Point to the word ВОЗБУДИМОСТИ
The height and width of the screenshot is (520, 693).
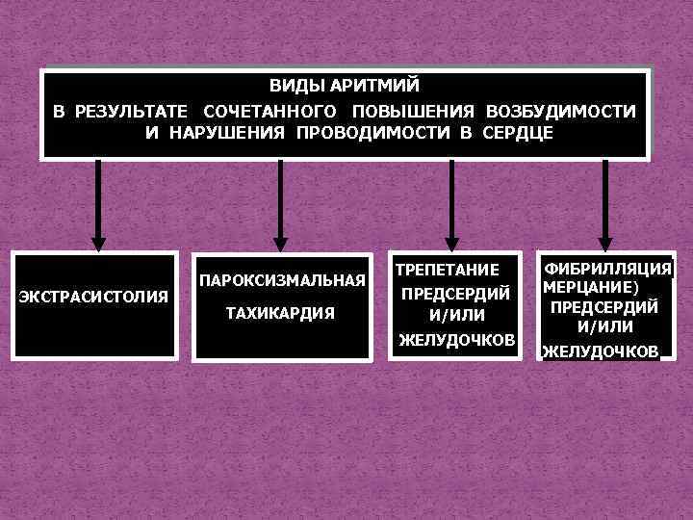[561, 111]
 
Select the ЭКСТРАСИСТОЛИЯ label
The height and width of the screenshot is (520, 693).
[93, 295]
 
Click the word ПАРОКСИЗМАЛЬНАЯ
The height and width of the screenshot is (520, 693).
[281, 281]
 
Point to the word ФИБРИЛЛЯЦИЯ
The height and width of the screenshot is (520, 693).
[606, 270]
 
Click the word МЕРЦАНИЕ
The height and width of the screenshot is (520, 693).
[586, 288]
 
